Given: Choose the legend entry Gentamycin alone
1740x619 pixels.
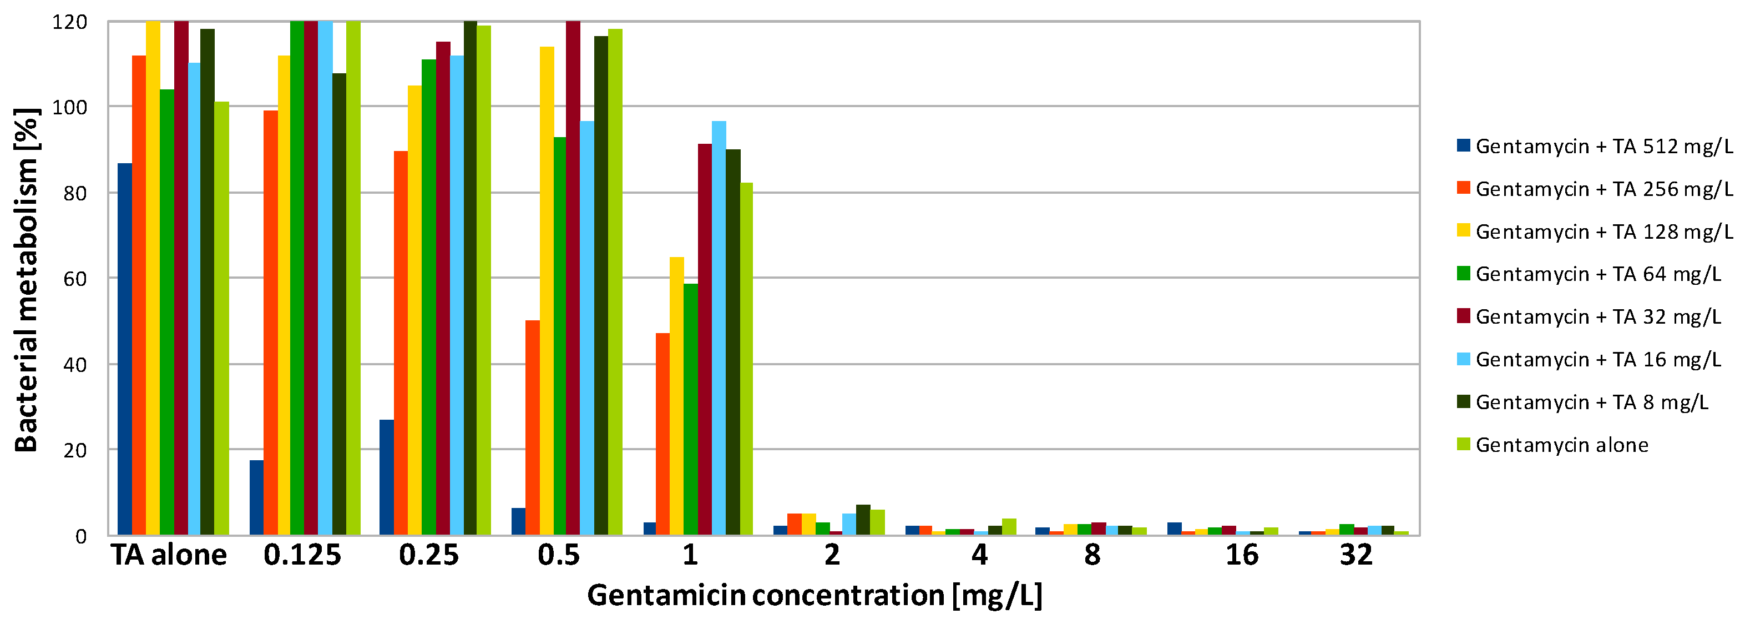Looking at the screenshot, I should [x=1561, y=445].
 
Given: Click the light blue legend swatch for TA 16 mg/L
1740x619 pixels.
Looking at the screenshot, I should [x=1463, y=359].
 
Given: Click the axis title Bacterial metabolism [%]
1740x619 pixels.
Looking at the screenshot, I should [x=27, y=279].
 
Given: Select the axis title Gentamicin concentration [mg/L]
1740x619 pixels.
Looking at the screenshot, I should [x=815, y=595].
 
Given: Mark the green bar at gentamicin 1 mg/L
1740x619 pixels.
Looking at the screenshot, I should [x=690, y=409].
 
